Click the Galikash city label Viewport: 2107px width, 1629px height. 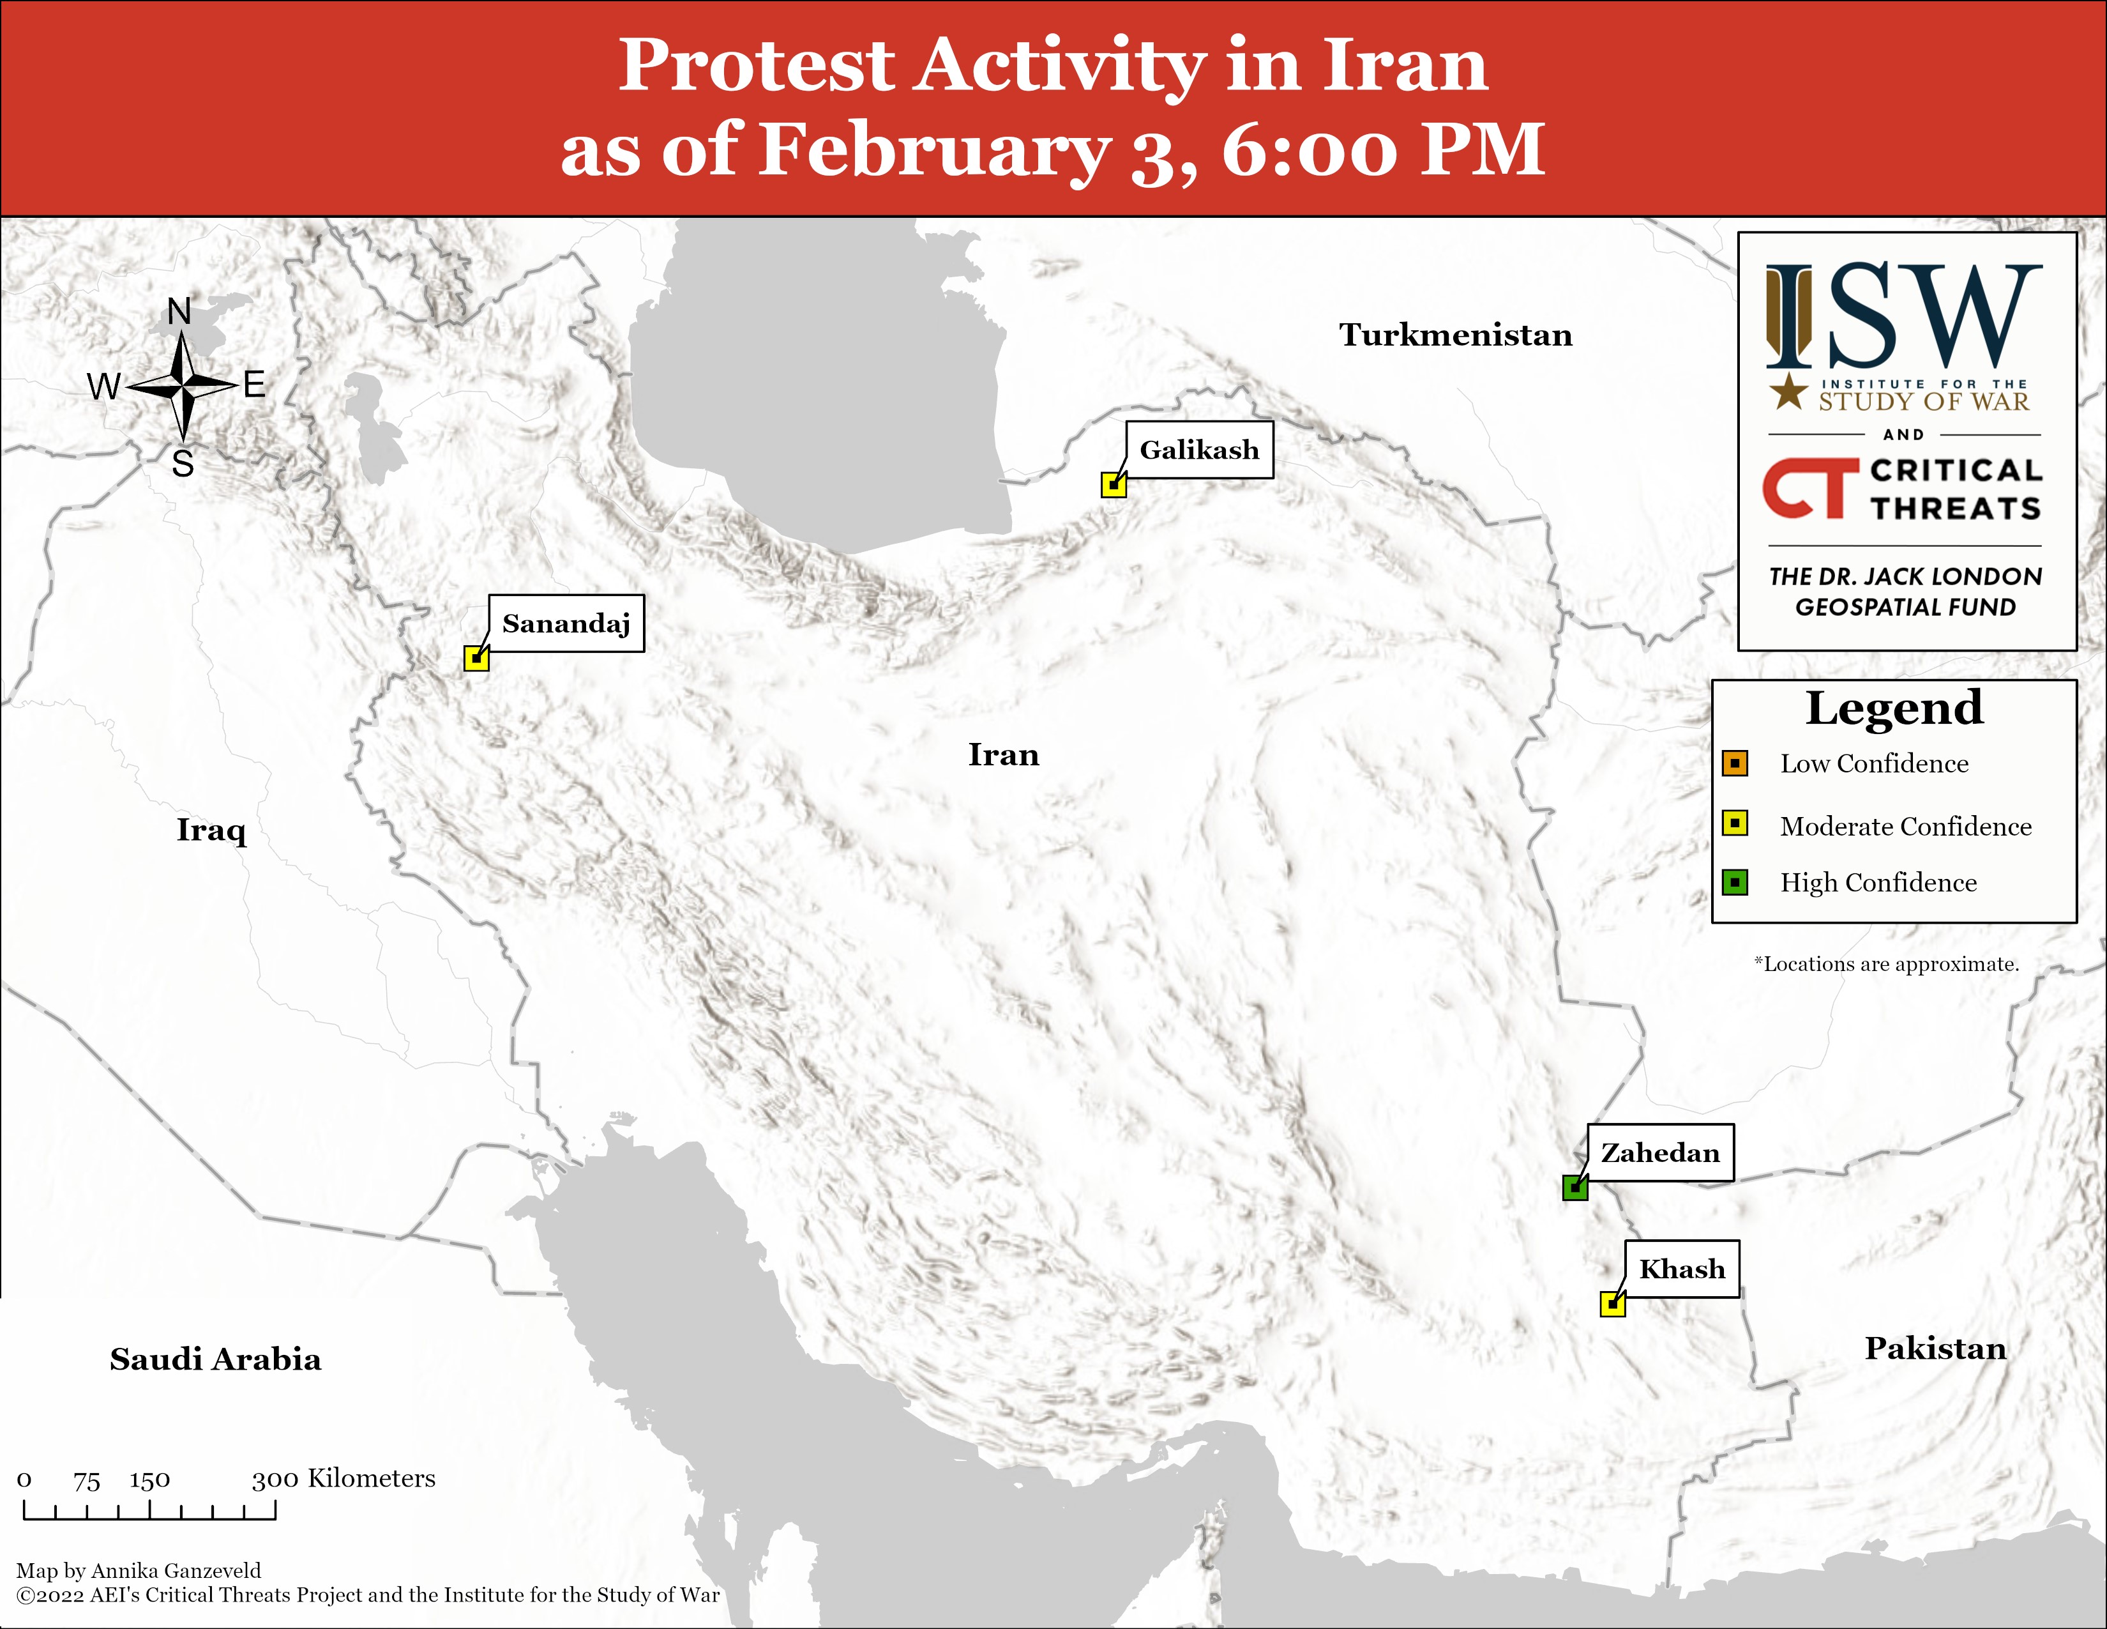pos(1199,450)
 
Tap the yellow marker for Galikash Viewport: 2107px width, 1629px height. pos(1114,484)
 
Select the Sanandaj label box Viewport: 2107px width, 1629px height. pos(566,623)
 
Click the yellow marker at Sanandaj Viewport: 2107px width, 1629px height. pos(476,658)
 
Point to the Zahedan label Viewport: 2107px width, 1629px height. pos(1660,1152)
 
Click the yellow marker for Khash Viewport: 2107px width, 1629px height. pos(1612,1304)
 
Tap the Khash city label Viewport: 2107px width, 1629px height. pos(1682,1269)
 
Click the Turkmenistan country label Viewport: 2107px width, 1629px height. pos(1456,335)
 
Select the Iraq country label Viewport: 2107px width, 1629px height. pos(211,830)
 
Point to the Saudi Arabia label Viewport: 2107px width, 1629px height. pos(215,1359)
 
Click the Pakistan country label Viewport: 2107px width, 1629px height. pos(1935,1348)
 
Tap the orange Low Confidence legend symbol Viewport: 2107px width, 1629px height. pos(1735,763)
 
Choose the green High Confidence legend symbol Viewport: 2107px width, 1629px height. pos(1735,882)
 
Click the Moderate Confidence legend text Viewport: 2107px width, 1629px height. pos(1905,826)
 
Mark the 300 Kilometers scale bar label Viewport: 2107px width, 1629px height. pos(344,1478)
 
